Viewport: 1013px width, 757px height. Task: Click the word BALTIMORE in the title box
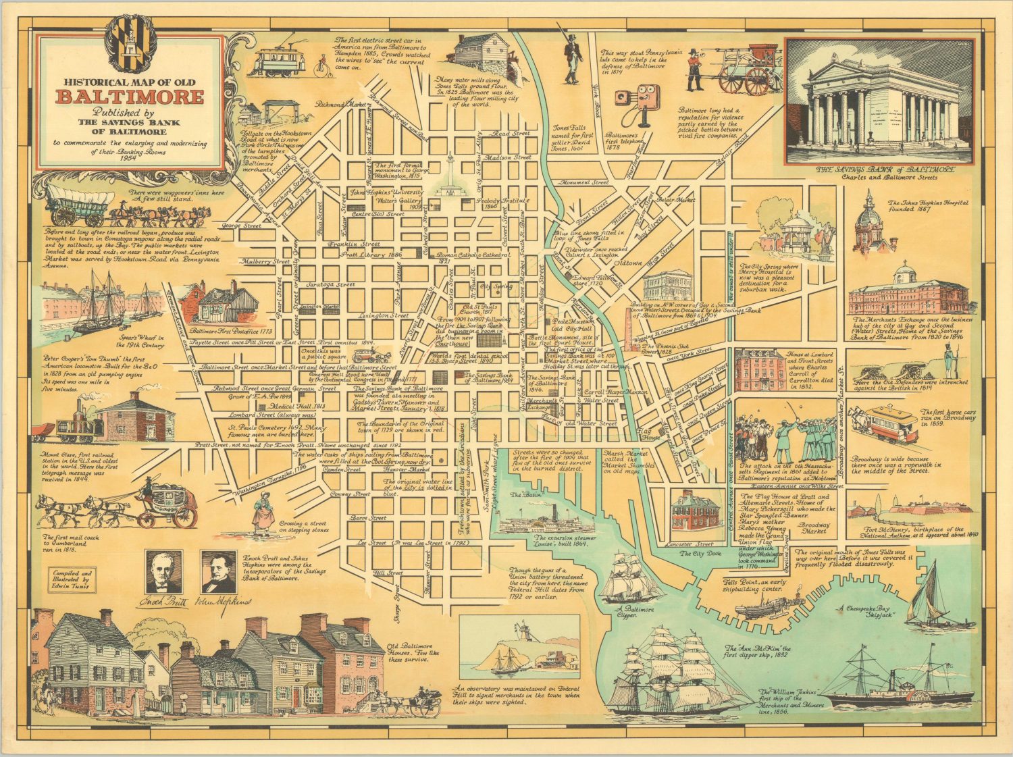click(x=129, y=96)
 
